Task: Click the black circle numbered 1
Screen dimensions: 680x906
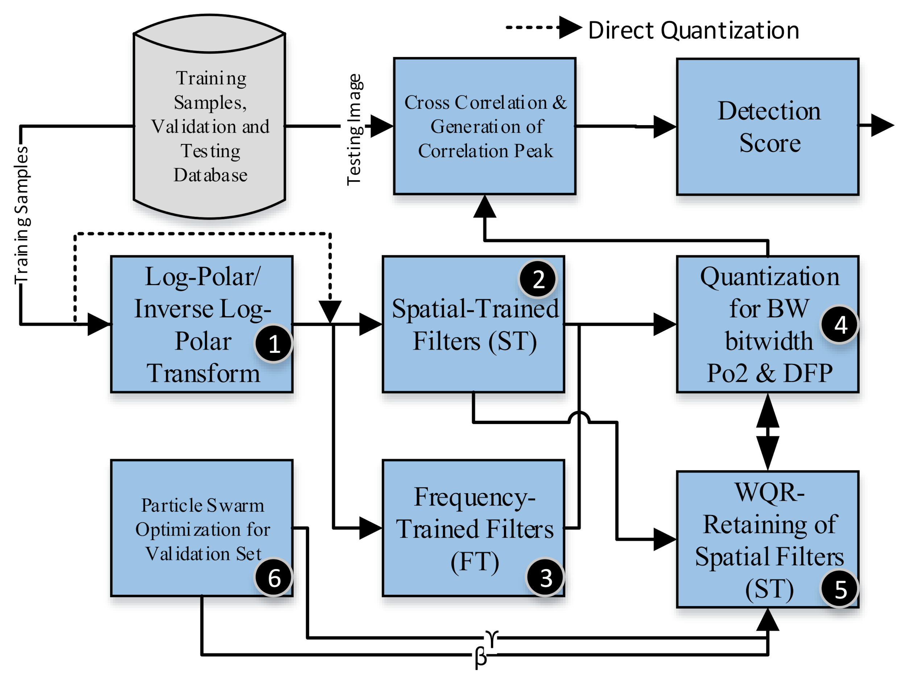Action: click(273, 343)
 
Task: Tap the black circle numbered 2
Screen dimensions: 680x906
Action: click(538, 279)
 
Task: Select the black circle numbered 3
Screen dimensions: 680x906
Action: click(545, 578)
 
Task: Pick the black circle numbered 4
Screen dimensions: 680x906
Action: click(840, 325)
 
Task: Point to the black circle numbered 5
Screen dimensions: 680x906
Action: click(840, 589)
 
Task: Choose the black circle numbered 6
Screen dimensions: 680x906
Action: click(274, 578)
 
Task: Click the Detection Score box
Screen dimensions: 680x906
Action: click(768, 126)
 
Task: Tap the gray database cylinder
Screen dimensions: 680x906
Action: click(209, 123)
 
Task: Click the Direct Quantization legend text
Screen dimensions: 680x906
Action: click(694, 30)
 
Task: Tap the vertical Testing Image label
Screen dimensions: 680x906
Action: click(354, 129)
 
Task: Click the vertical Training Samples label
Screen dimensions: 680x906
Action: click(21, 215)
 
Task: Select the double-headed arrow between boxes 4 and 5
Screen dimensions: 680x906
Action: click(768, 432)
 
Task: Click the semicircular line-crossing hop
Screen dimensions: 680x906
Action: click(579, 418)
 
